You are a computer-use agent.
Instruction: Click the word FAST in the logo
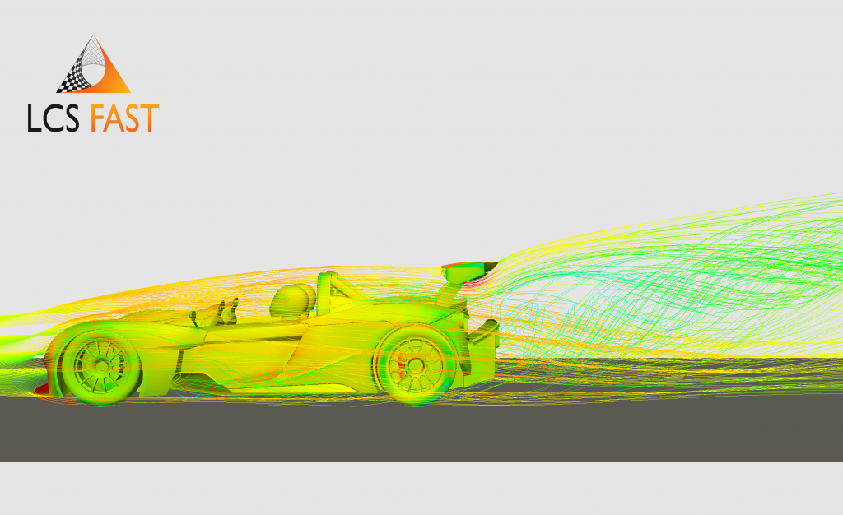(125, 118)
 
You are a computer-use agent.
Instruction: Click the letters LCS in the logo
(54, 118)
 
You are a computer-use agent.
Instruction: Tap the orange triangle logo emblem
(94, 64)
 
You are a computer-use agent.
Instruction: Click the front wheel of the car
(101, 366)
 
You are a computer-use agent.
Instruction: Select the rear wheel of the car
(416, 365)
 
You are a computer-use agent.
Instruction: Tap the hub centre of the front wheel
(101, 366)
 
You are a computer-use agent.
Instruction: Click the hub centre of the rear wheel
(416, 365)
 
